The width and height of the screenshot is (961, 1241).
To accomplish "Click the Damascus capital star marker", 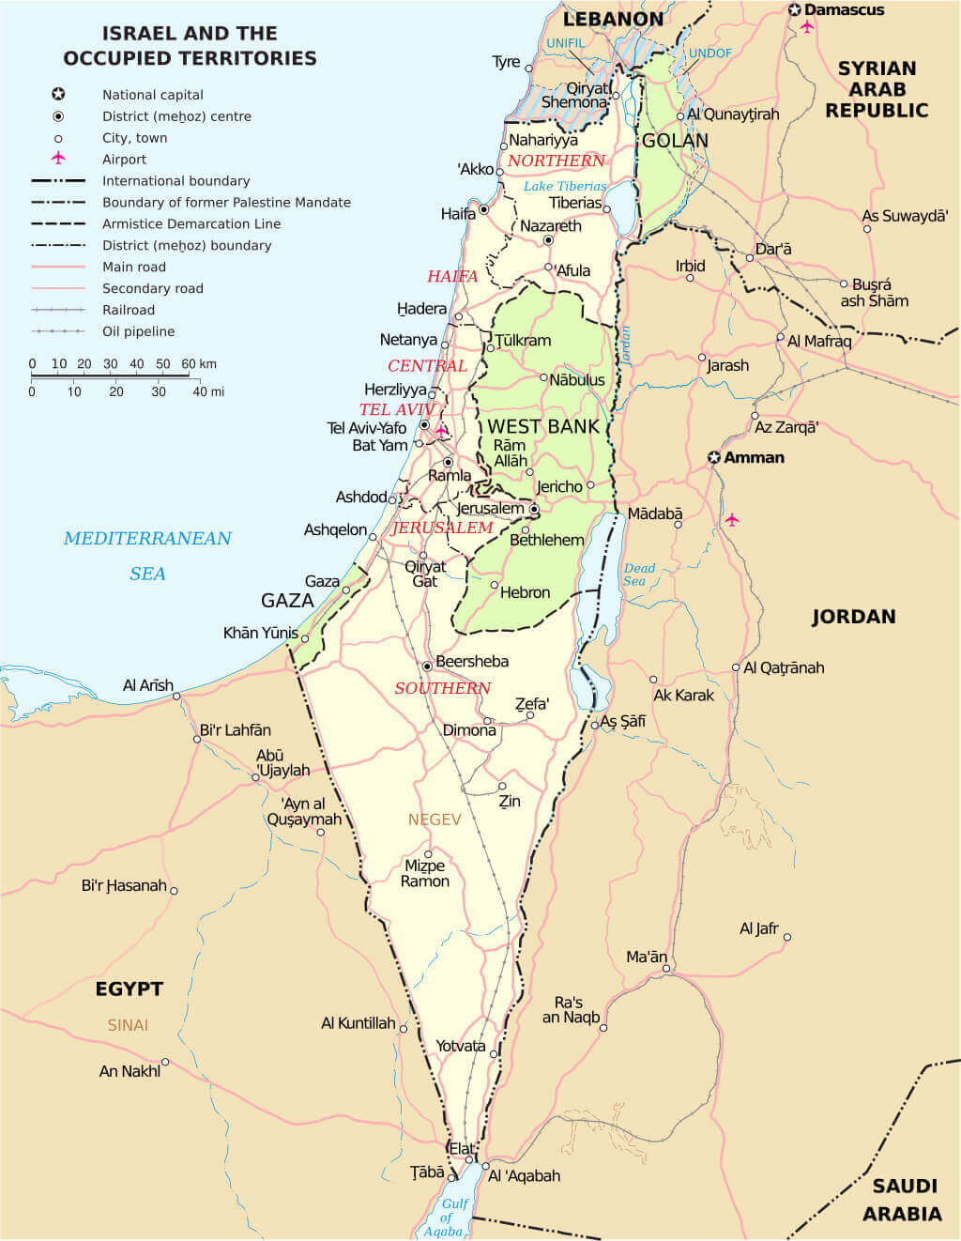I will tap(795, 10).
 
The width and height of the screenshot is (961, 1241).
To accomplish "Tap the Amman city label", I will tap(754, 458).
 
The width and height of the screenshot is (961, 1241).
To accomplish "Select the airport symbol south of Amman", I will tap(732, 519).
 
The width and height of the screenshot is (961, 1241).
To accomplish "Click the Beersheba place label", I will tap(471, 662).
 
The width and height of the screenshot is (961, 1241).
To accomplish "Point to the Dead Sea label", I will tap(639, 575).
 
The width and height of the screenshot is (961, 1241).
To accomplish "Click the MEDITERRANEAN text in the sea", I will tap(147, 539).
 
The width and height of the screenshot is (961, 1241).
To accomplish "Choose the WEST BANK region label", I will tap(542, 426).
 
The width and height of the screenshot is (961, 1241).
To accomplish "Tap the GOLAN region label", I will tap(675, 141).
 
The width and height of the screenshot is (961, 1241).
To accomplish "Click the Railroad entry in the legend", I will tap(129, 310).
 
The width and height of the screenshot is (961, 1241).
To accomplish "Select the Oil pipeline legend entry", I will tap(138, 331).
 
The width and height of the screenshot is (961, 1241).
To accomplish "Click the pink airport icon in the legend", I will tap(58, 159).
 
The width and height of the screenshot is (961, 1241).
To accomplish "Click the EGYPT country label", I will tap(130, 989).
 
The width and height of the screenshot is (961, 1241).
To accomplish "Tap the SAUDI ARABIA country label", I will tap(902, 1200).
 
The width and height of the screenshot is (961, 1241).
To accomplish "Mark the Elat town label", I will tap(462, 1148).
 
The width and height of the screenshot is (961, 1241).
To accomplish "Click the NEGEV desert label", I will tap(435, 820).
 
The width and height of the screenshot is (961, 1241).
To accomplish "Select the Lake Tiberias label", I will tap(565, 186).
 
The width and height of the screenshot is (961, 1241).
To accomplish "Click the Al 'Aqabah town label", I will tap(524, 1175).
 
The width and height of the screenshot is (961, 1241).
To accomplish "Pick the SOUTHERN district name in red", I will tap(442, 688).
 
